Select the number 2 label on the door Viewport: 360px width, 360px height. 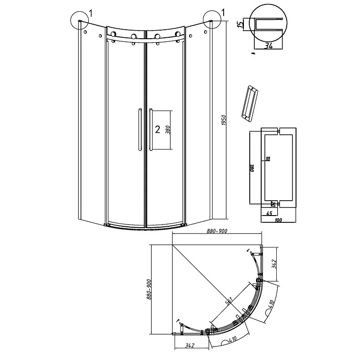(x=157, y=130)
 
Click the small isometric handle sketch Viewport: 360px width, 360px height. (x=249, y=104)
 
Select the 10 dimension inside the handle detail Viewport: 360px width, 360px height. (x=267, y=158)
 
